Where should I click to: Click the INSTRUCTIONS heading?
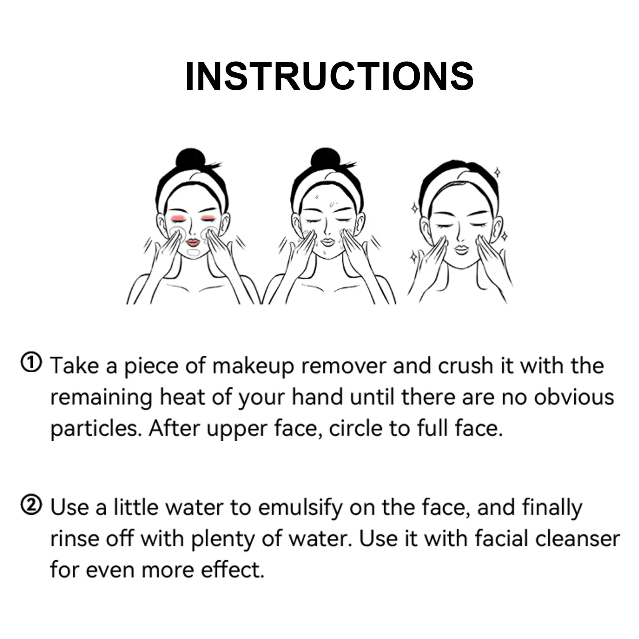click(329, 76)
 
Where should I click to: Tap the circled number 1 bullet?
click(31, 363)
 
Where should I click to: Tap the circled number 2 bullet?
click(31, 505)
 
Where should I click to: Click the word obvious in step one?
click(574, 397)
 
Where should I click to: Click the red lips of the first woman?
click(193, 242)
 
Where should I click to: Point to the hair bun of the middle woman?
click(325, 159)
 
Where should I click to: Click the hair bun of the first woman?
click(191, 159)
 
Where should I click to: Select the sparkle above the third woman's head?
click(497, 173)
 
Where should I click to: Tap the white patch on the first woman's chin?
click(193, 253)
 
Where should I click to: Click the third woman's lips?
click(462, 250)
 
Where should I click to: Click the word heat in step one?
click(182, 397)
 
